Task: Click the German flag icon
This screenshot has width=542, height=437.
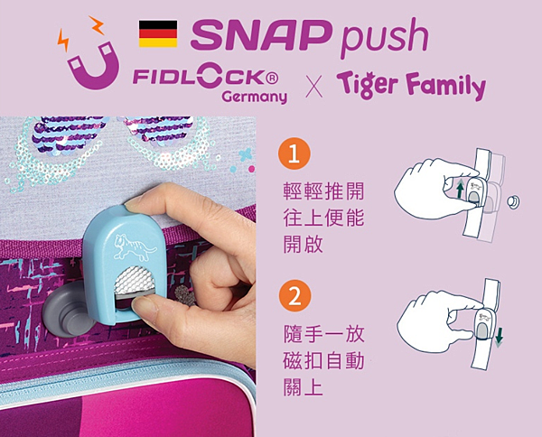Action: pyautogui.click(x=158, y=33)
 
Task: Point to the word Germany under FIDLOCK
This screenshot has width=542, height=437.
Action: pyautogui.click(x=255, y=97)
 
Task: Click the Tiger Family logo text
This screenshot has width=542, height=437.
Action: pyautogui.click(x=411, y=85)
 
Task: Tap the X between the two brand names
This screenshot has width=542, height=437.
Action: pyautogui.click(x=314, y=85)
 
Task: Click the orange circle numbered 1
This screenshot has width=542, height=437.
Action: pyautogui.click(x=294, y=153)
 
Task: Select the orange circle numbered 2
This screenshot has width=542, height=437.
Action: pyautogui.click(x=294, y=296)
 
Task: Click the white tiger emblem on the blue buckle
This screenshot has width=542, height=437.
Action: pyautogui.click(x=135, y=246)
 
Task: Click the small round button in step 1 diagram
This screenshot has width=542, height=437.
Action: pyautogui.click(x=513, y=201)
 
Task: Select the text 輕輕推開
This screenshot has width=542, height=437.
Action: pyautogui.click(x=323, y=191)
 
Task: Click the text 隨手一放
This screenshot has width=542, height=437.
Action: pyautogui.click(x=324, y=334)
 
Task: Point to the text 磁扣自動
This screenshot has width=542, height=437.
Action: pyautogui.click(x=324, y=360)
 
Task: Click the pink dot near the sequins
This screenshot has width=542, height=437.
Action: pyautogui.click(x=252, y=169)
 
